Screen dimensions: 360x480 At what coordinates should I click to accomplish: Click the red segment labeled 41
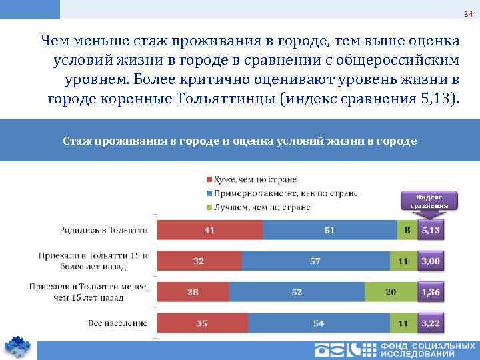coord(210,230)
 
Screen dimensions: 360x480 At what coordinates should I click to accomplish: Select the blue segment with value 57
coord(315,261)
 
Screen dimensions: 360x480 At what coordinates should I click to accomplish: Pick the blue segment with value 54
coord(319,323)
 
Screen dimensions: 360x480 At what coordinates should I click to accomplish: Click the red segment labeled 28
coord(193,292)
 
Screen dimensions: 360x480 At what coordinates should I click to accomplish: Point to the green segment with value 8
coord(405,230)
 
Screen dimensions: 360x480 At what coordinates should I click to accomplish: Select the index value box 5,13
coord(431,230)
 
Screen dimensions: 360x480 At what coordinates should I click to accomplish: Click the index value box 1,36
coord(431,292)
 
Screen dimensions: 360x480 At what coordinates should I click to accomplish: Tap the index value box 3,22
coord(431,323)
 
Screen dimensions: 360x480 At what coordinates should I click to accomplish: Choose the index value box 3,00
coord(431,261)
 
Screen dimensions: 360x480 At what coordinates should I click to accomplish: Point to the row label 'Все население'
coord(118,323)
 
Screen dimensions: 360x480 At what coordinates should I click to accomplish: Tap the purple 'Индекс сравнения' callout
coord(429,201)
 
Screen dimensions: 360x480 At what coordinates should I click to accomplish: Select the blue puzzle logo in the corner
coord(18,347)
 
